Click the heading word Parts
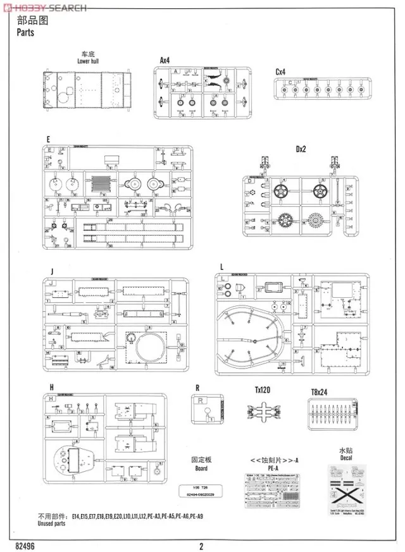(22, 34)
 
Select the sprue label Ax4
(165, 60)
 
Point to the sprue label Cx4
(282, 71)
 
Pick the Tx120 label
(262, 391)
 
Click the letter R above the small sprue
(198, 389)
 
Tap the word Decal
(347, 460)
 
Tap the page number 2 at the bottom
(201, 545)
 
